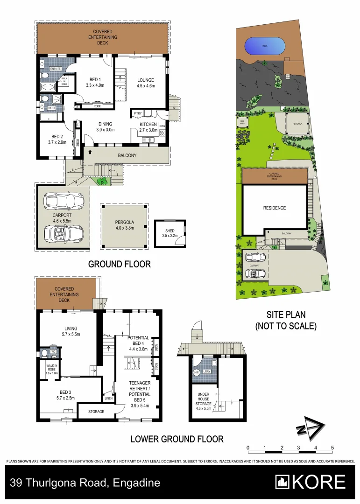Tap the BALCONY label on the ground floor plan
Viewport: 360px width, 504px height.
(127, 155)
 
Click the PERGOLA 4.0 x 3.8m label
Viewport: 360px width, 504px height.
(124, 225)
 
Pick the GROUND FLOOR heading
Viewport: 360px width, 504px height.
(120, 264)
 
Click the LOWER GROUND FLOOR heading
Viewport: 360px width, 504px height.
(177, 439)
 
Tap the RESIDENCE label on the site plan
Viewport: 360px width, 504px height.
(274, 208)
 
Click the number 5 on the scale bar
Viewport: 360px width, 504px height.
(332, 448)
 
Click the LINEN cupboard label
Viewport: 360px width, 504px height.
(109, 398)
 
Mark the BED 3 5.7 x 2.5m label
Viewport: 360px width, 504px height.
(58, 395)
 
